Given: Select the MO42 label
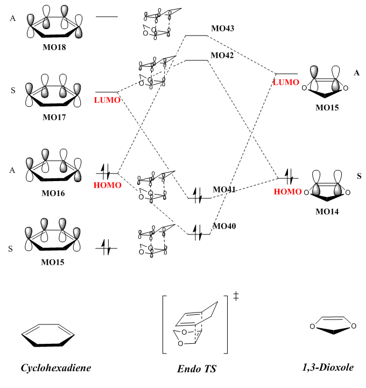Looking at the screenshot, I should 222,56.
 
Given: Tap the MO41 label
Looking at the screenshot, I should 224,190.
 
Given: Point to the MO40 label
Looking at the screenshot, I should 224,226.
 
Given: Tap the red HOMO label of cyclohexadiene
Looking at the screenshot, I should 108,185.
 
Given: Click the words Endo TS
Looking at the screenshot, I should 197,370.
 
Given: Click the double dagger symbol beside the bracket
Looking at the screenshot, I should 236,296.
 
